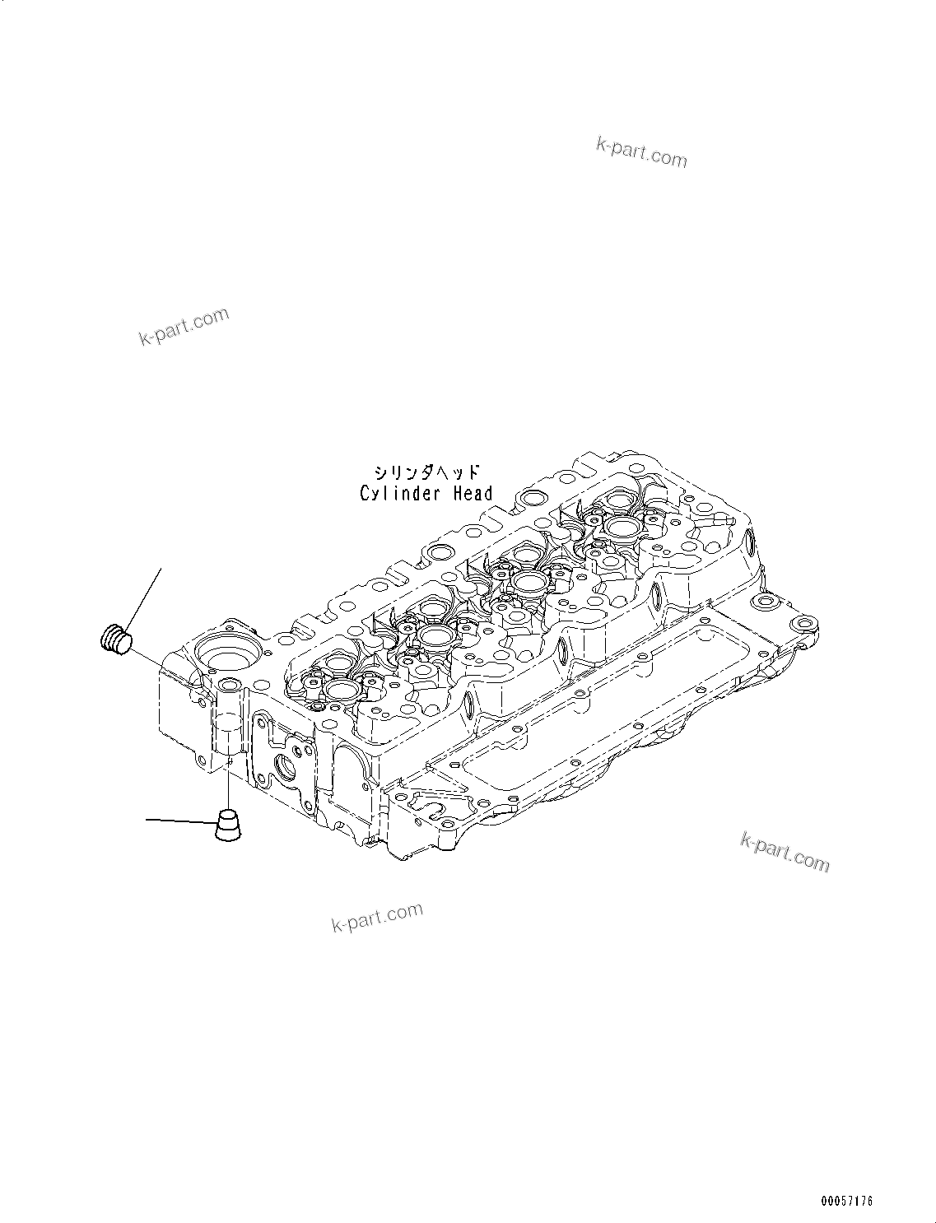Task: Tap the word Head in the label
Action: (x=472, y=494)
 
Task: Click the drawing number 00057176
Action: (x=845, y=1202)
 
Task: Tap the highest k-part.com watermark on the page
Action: (x=641, y=152)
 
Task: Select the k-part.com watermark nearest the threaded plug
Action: (x=184, y=328)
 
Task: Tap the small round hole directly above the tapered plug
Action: (x=227, y=685)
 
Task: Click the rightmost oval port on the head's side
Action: (x=750, y=542)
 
